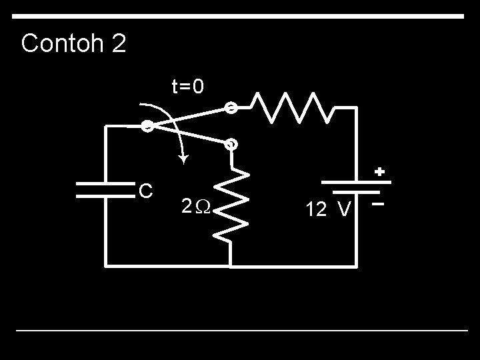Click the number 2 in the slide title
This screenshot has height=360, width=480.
117,44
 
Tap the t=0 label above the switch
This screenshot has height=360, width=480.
188,87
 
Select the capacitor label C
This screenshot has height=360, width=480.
146,191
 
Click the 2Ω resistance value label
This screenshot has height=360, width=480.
196,207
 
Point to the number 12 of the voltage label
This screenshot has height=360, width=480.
315,210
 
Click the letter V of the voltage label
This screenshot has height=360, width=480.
344,210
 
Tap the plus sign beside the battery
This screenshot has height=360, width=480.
379,172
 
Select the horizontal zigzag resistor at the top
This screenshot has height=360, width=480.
293,107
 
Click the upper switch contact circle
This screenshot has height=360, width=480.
230,107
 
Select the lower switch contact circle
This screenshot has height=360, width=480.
231,143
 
